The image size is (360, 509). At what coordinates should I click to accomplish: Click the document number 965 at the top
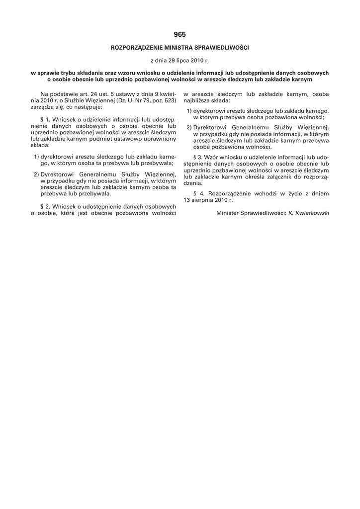(x=180, y=34)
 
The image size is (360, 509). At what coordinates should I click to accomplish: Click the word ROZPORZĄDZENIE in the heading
(x=137, y=48)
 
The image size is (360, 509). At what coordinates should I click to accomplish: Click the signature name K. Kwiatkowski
(x=309, y=213)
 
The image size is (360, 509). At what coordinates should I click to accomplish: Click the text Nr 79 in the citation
(x=136, y=100)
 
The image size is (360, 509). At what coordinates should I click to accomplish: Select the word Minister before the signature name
(x=229, y=213)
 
